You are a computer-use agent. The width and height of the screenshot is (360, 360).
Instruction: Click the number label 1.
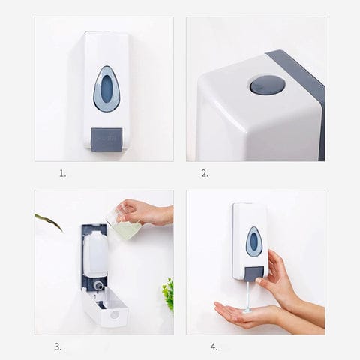coord(62,173)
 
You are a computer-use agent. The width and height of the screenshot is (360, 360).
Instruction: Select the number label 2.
coord(204,173)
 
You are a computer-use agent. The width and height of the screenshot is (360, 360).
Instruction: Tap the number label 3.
coord(58,346)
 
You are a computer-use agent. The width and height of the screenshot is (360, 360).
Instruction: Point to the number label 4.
coord(214,346)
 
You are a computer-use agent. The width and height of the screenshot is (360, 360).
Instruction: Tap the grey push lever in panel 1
coord(106,137)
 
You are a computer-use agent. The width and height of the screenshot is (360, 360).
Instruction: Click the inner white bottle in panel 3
coord(95,253)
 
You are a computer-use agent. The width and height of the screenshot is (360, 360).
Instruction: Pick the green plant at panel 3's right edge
coord(168,294)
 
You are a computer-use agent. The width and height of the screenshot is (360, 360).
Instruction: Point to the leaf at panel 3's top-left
coord(49,220)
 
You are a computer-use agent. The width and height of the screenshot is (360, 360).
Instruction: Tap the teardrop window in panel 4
coord(254,241)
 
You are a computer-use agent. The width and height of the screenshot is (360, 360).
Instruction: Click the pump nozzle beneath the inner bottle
coord(98,285)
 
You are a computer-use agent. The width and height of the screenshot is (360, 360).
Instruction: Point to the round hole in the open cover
coord(114,314)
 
